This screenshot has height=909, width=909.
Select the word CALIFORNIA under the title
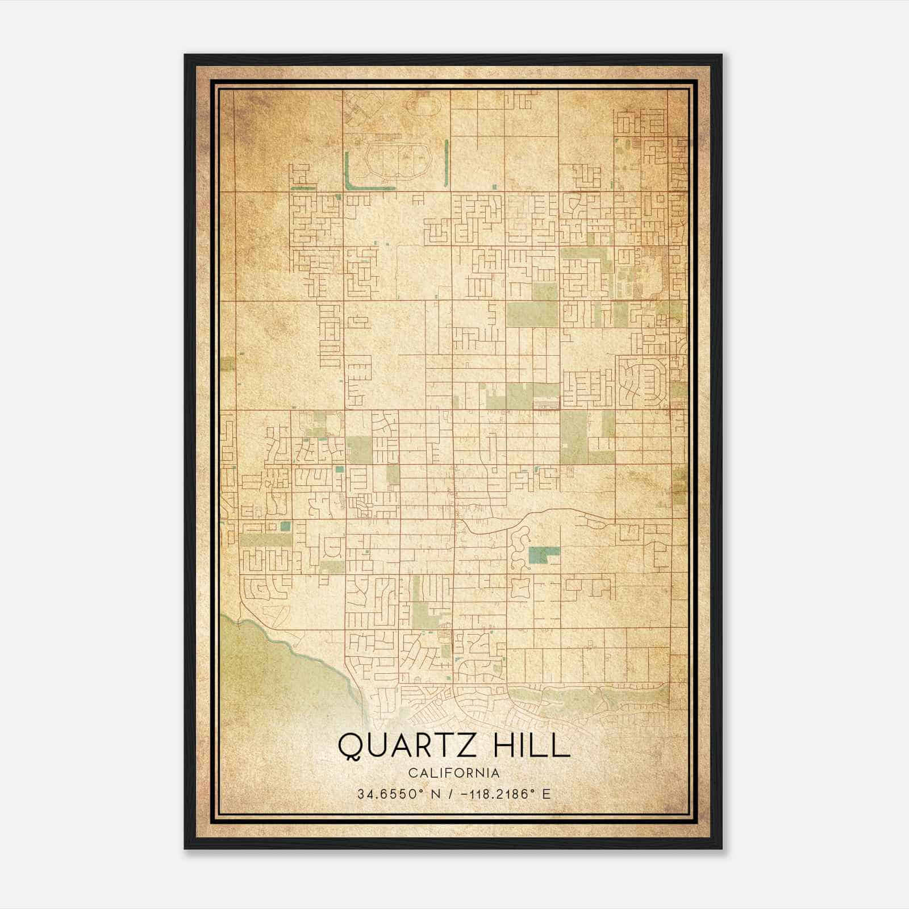[x=453, y=773]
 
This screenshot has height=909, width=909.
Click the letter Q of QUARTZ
[x=348, y=746]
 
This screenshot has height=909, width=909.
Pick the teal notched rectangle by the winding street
[x=542, y=554]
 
